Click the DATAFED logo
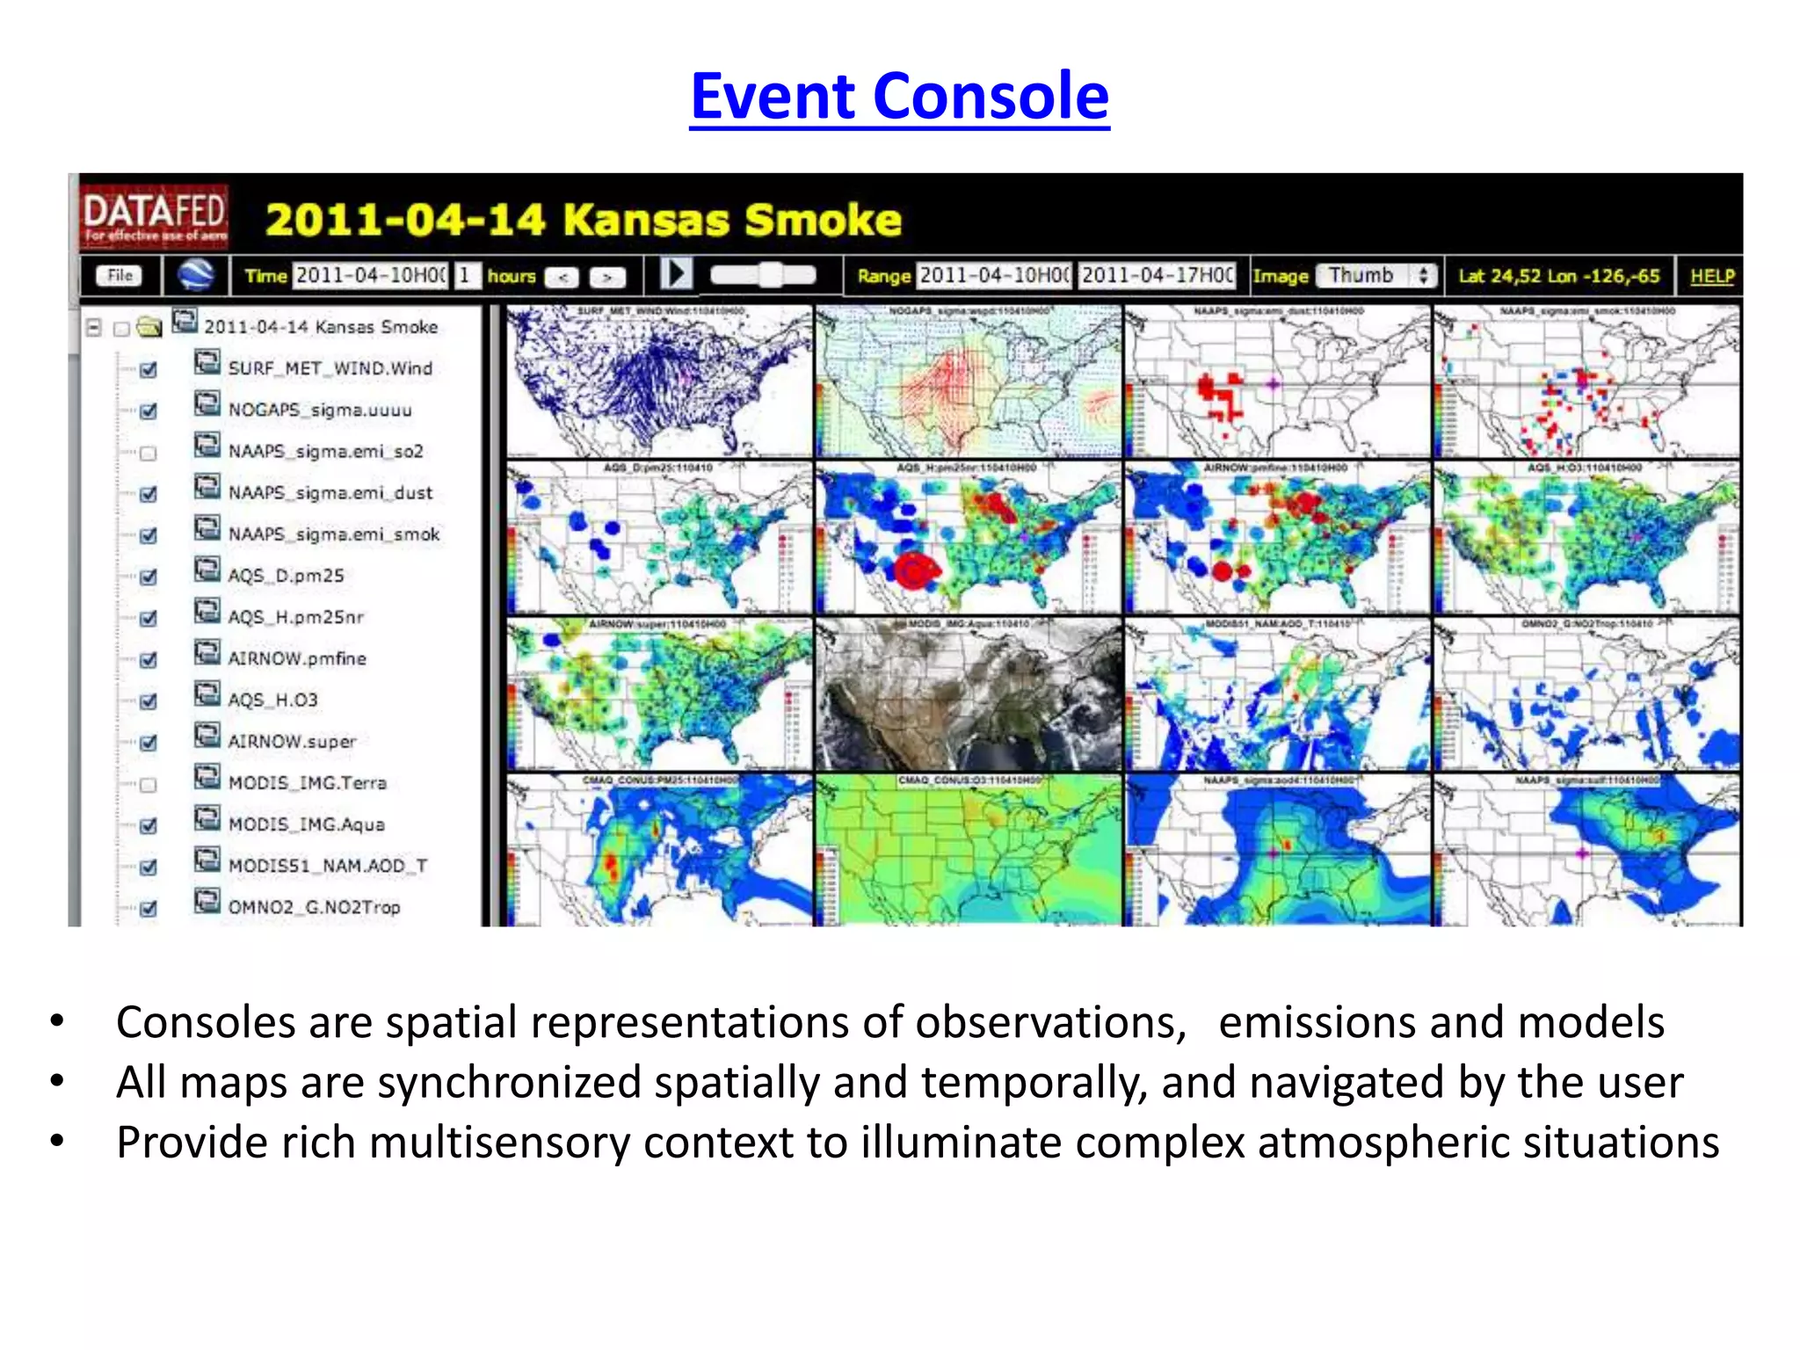154,217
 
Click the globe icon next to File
196,275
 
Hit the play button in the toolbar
676,273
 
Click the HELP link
1711,276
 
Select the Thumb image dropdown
1375,276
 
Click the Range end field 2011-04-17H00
1157,276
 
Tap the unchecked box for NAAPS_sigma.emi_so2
149,454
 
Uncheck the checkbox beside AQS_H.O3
149,701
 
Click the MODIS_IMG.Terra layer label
307,783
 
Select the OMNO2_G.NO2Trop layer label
314,907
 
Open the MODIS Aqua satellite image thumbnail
968,694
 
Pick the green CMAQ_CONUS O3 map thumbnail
968,850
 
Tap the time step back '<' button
562,278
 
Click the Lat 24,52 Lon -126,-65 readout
1558,276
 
